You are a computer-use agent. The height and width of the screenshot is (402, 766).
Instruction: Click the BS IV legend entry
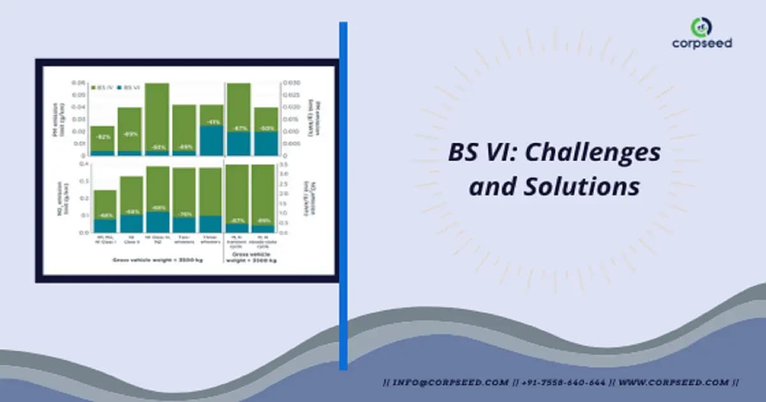pyautogui.click(x=104, y=86)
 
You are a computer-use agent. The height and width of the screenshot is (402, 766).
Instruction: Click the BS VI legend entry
pyautogui.click(x=130, y=86)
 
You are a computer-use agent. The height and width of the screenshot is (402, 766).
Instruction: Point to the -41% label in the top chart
pyautogui.click(x=211, y=121)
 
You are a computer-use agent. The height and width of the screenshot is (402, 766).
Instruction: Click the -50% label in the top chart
pyautogui.click(x=266, y=128)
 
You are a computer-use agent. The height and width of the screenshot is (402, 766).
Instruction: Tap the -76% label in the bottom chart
pyautogui.click(x=184, y=214)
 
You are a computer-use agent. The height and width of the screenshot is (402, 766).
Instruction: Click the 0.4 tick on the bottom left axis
pyautogui.click(x=83, y=165)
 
